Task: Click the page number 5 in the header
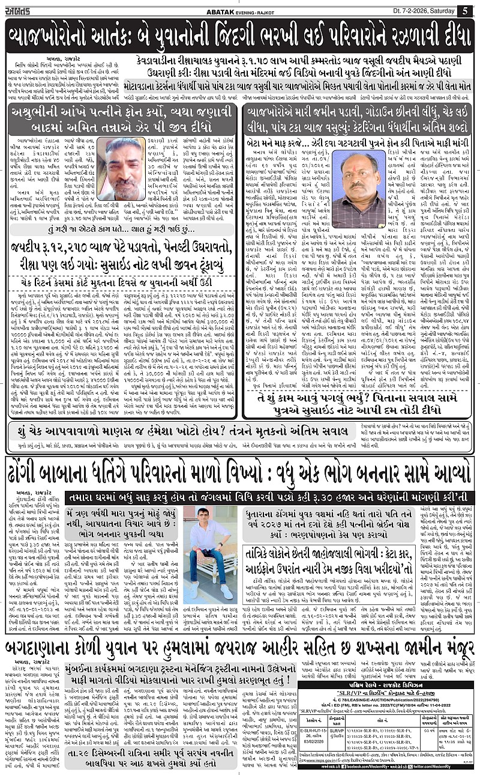tap(465, 11)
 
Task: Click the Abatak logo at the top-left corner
tap(21, 10)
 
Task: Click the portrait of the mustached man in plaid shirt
tap(358, 182)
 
